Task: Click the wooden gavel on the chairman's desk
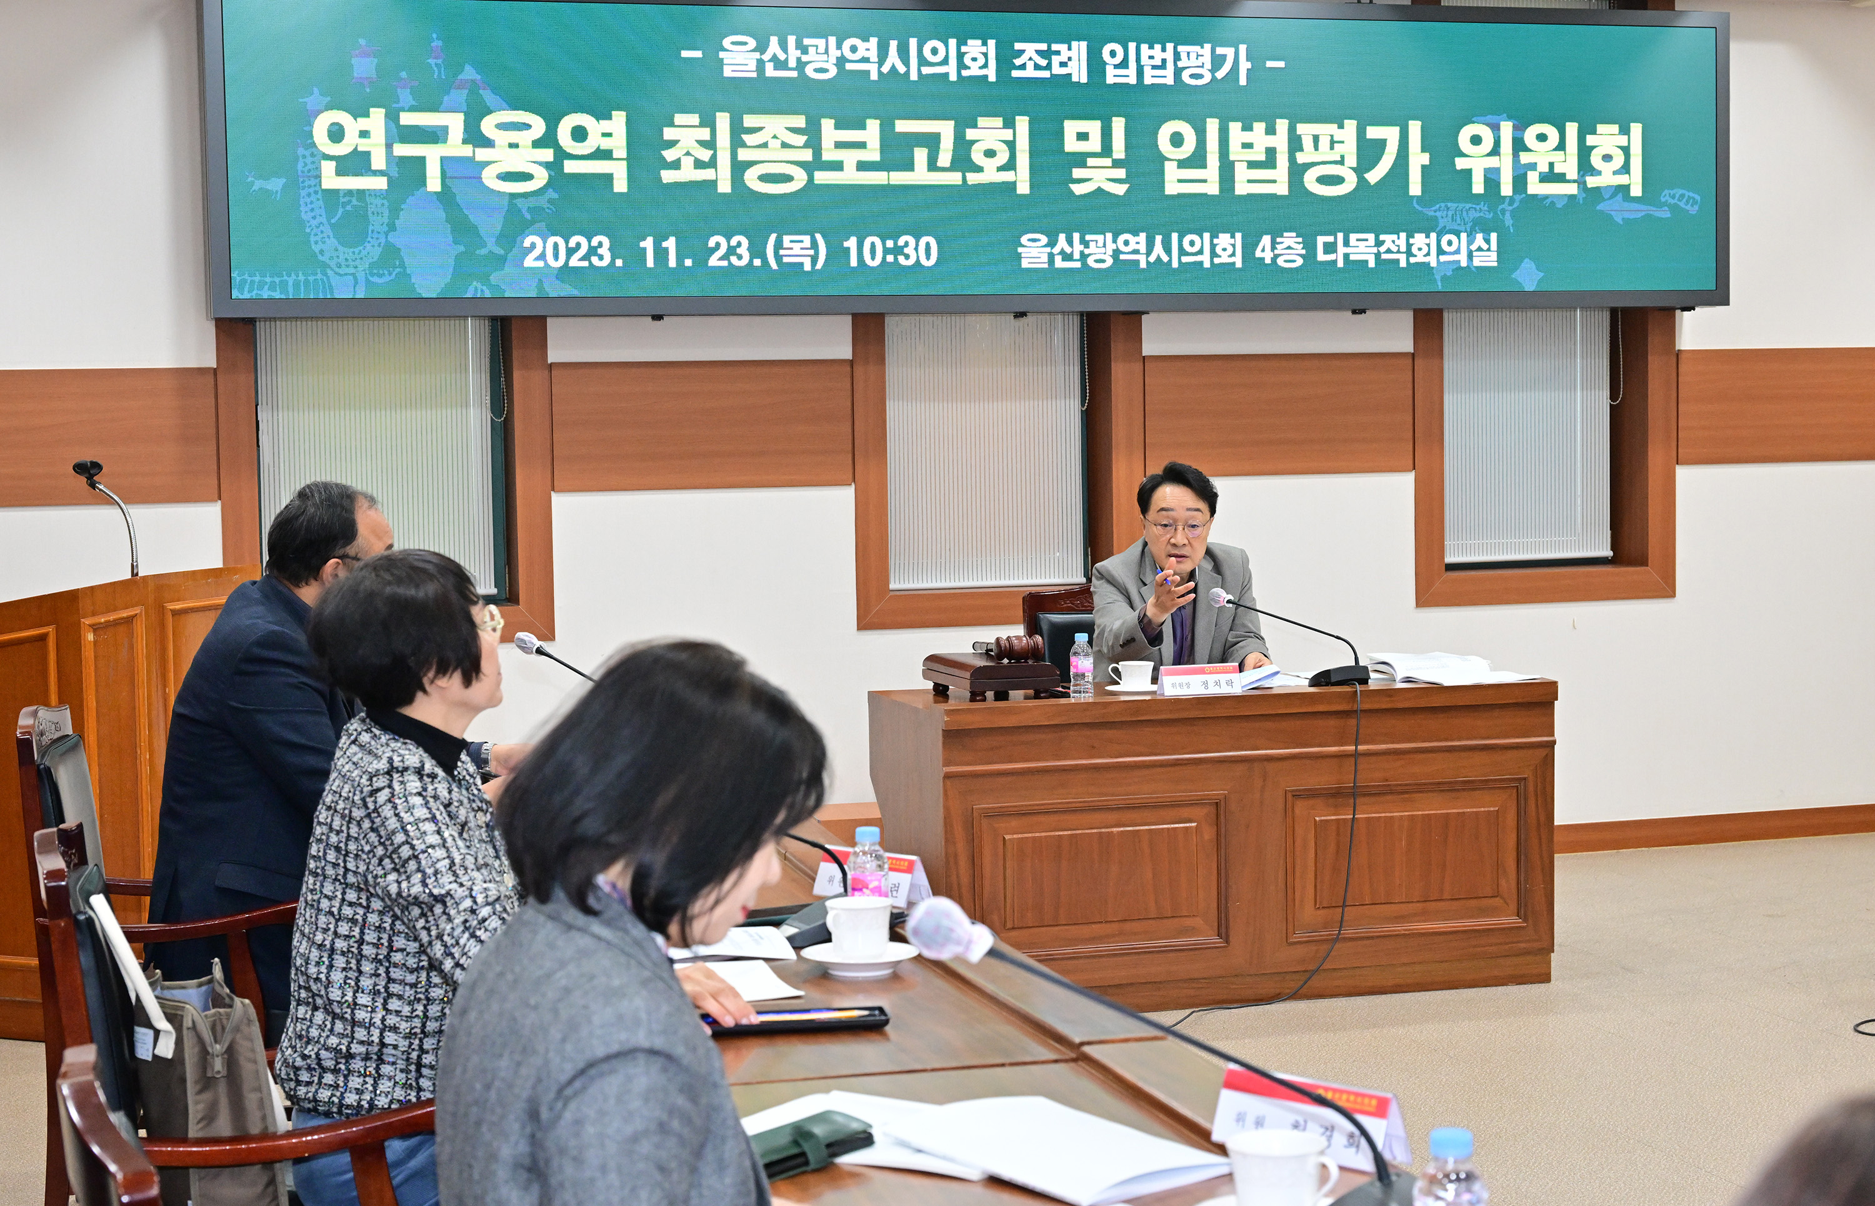tap(1017, 647)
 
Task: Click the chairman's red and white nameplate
tap(1200, 680)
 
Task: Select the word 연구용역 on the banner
tap(470, 152)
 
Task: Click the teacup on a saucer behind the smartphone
tap(858, 934)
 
